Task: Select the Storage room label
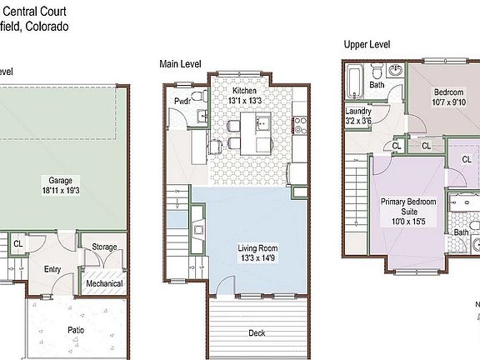click(104, 247)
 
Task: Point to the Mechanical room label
click(105, 283)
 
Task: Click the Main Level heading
click(182, 63)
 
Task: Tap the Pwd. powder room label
click(182, 102)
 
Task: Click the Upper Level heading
click(367, 43)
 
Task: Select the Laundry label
click(357, 111)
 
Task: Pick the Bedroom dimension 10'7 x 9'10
click(446, 102)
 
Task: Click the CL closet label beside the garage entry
click(17, 243)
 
